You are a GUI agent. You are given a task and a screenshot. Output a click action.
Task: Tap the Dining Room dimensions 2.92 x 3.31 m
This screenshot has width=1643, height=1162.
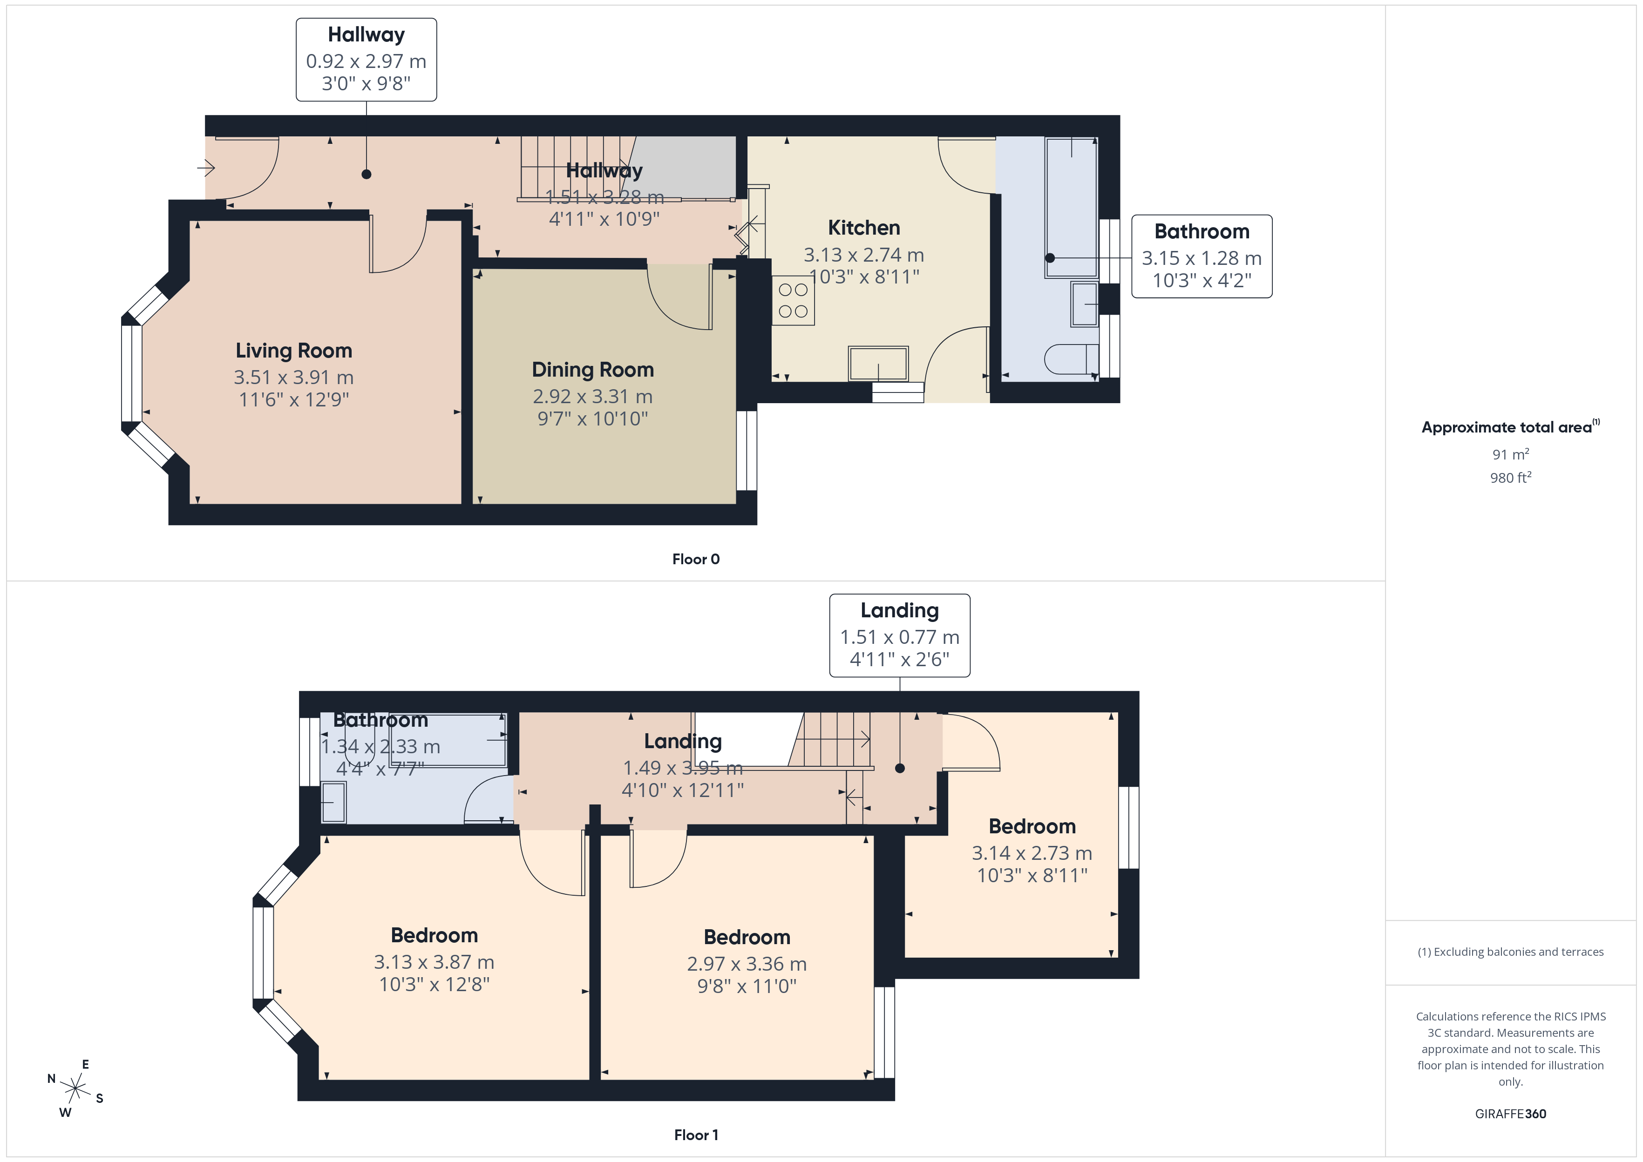[592, 396]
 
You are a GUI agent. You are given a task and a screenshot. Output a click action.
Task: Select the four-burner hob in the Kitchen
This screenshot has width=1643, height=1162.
[793, 301]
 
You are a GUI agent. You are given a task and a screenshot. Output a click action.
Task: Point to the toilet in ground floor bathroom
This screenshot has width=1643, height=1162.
[1071, 358]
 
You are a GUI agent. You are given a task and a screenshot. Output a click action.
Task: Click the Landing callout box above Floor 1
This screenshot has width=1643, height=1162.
[899, 635]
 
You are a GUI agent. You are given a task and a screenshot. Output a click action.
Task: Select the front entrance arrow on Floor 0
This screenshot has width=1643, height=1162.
[206, 168]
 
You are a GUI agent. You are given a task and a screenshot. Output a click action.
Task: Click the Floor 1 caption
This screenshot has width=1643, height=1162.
[696, 1135]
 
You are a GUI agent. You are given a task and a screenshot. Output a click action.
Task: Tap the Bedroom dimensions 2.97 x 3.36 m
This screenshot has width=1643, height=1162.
[747, 964]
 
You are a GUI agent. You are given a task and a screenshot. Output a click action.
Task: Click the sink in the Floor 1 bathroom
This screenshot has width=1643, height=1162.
[333, 802]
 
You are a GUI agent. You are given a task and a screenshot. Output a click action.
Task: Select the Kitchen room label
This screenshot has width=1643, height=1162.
[864, 228]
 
